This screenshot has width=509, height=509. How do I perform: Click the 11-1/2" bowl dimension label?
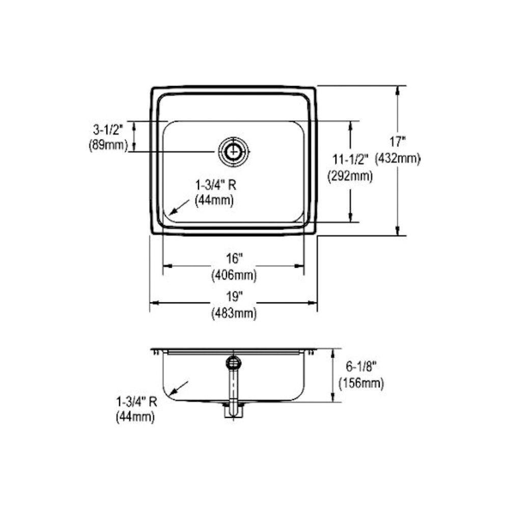click(350, 160)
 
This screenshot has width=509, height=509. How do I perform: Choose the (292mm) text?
click(350, 176)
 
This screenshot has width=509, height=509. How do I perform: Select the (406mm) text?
click(234, 275)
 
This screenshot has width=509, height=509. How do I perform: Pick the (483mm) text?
click(234, 314)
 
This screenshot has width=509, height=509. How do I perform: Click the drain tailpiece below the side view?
click(234, 411)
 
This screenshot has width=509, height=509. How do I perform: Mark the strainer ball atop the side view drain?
click(234, 362)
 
